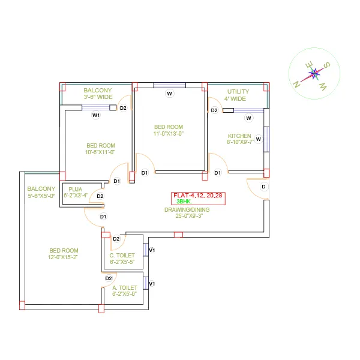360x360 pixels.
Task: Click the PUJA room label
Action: [76, 190]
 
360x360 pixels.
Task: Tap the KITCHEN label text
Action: [239, 136]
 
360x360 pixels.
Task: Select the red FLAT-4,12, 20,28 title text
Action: [197, 196]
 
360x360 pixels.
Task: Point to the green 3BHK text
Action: [184, 202]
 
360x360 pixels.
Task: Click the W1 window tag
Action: [96, 115]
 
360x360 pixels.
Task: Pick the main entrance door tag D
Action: [263, 187]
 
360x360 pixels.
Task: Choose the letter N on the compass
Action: [296, 85]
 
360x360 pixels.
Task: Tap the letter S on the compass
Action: [327, 65]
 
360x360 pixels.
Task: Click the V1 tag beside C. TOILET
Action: [152, 250]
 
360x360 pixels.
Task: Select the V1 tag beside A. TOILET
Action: [152, 284]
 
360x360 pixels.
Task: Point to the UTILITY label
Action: [238, 92]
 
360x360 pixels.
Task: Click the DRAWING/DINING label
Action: [187, 209]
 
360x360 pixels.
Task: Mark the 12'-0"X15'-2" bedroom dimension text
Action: [63, 257]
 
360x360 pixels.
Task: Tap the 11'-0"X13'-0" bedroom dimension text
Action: [169, 134]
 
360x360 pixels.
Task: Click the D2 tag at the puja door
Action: [100, 196]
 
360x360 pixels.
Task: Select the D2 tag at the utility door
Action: [214, 110]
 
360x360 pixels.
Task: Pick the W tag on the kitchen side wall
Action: [258, 139]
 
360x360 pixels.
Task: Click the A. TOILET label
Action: [125, 287]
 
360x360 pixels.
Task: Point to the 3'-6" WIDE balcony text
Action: [98, 97]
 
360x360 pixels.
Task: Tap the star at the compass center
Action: [314, 73]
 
